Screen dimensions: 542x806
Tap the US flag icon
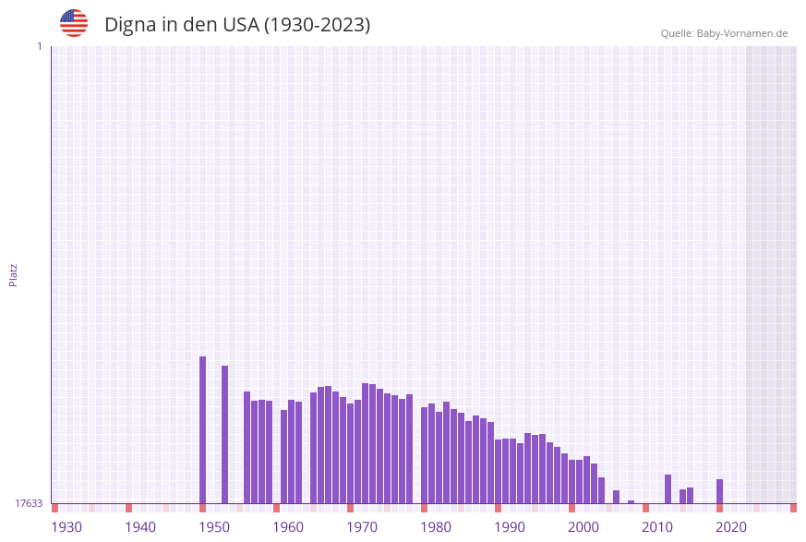point(74,23)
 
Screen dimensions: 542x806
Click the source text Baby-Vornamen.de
point(741,33)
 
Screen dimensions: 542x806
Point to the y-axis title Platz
point(14,275)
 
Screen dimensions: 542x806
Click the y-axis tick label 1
point(40,46)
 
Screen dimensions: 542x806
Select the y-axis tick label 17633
point(29,503)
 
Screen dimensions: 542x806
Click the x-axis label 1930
point(66,527)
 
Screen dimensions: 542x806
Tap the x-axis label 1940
point(140,527)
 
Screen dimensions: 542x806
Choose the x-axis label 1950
point(214,527)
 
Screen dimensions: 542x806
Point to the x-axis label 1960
point(288,527)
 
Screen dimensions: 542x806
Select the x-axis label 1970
point(362,527)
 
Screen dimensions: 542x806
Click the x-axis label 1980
point(436,527)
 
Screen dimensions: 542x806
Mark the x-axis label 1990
point(510,527)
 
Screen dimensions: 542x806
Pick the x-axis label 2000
point(583,527)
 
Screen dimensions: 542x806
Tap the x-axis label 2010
point(657,527)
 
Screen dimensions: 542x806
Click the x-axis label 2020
point(731,527)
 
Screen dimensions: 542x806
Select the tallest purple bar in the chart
point(202,429)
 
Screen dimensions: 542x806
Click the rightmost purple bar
point(719,491)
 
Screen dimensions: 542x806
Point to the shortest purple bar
point(631,502)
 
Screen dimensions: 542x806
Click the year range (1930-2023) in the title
point(318,25)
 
